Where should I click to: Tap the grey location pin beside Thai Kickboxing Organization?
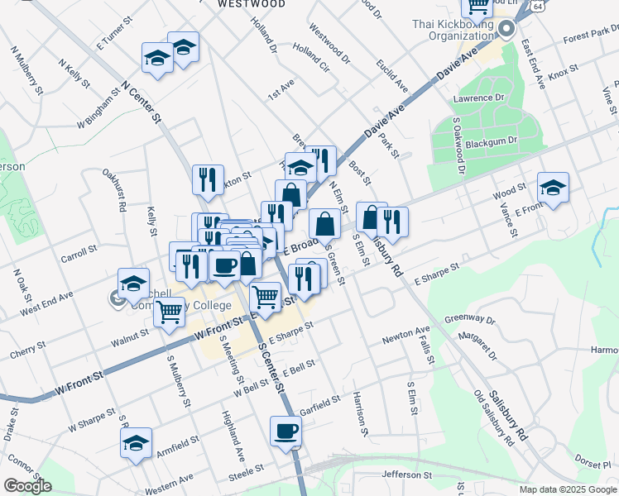point(506,28)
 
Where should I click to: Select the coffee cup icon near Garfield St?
point(286,431)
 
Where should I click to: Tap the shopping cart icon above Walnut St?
point(169,312)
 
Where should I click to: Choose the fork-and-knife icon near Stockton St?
point(208,178)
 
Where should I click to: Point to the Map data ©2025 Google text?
point(568,489)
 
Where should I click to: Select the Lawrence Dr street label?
point(478,98)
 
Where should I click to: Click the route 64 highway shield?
point(538,6)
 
